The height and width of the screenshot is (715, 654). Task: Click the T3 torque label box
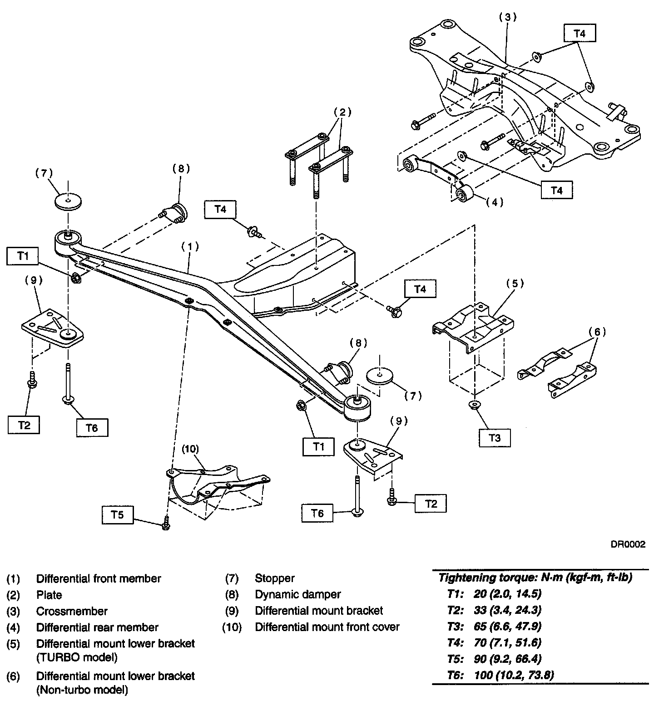(495, 438)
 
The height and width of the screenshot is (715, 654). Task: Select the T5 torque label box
(117, 515)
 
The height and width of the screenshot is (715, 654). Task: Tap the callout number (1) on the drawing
(190, 246)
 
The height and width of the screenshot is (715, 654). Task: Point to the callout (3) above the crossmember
(508, 17)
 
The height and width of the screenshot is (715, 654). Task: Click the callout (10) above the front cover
(190, 449)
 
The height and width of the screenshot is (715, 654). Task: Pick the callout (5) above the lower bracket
(515, 284)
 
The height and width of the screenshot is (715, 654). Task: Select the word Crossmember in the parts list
(72, 611)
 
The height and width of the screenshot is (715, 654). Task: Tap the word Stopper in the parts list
(274, 578)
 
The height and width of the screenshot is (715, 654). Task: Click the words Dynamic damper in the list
(297, 594)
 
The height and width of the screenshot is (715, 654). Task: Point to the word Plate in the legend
(49, 595)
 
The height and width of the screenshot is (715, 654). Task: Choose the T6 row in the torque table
(500, 675)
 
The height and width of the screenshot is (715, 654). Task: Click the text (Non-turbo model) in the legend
(82, 690)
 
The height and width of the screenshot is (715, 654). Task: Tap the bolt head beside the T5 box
(166, 525)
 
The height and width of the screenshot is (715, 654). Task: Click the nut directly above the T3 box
(474, 405)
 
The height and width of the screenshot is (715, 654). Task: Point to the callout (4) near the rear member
(495, 202)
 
